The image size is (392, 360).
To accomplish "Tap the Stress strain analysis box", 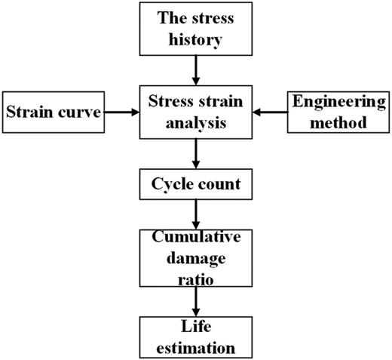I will click(x=196, y=114).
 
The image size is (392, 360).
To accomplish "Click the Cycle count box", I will click(x=196, y=183).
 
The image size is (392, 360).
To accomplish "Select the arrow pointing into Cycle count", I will click(x=196, y=155).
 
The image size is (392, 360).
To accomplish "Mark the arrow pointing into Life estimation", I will click(x=196, y=302).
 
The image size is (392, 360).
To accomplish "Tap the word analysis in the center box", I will click(x=196, y=127).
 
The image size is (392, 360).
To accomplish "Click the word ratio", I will click(x=196, y=278).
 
